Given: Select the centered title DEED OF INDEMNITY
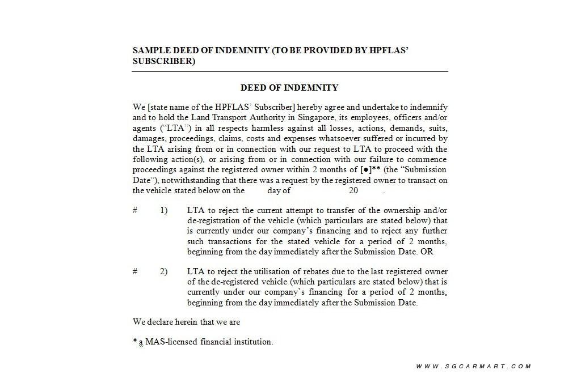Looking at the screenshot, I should click(289, 88).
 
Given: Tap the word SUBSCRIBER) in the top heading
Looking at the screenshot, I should click(164, 61).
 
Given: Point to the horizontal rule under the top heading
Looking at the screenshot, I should click(290, 72).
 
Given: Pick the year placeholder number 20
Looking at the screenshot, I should click(353, 191).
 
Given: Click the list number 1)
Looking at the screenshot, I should click(163, 211).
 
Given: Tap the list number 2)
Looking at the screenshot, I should click(163, 271).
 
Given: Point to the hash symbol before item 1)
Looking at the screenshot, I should click(135, 211).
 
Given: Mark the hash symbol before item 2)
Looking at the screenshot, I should click(135, 271).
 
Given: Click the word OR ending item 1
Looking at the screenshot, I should click(427, 252).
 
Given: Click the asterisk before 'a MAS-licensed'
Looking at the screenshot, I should click(135, 341).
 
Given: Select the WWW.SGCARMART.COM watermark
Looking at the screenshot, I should click(473, 367).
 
